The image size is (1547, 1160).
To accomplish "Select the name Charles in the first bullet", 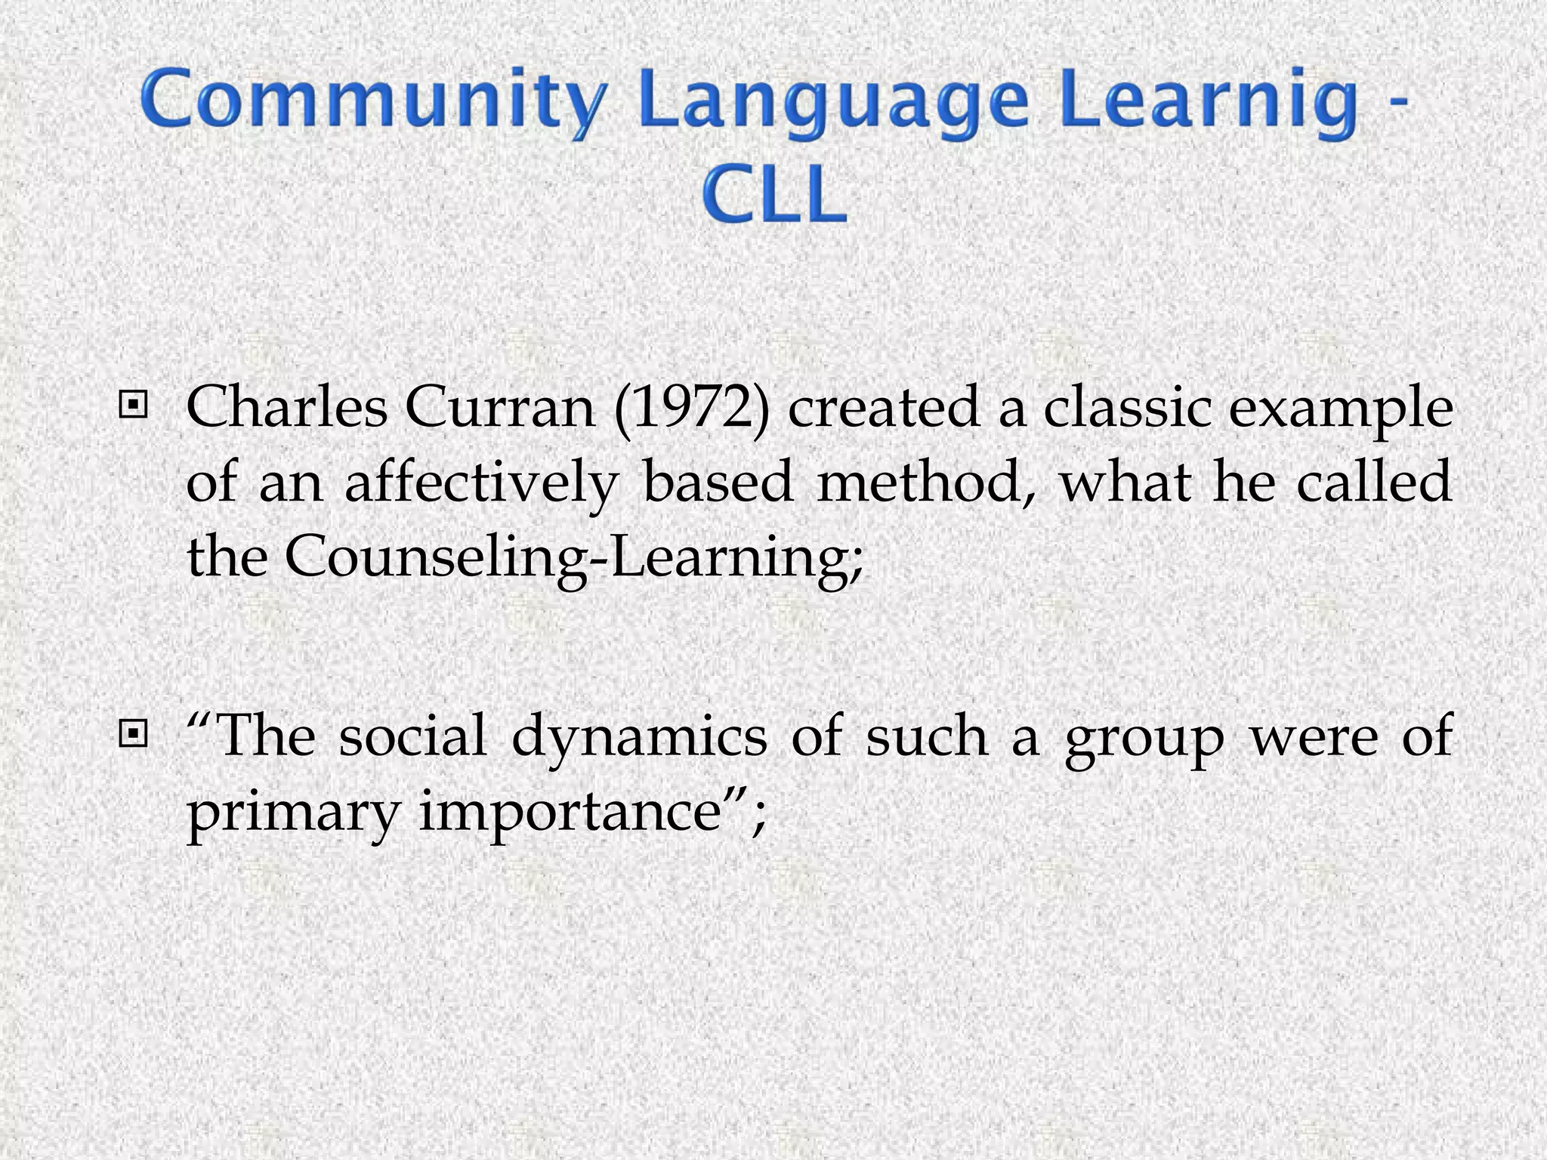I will click(286, 408).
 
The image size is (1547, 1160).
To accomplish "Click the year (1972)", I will click(691, 408).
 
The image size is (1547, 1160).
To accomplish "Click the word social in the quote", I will click(412, 736).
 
